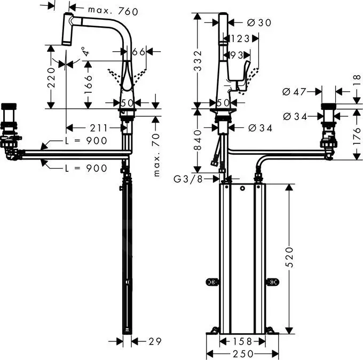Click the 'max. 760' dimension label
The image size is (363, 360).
(x=113, y=11)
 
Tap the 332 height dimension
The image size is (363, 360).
(x=198, y=61)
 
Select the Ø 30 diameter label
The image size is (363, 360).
(x=259, y=23)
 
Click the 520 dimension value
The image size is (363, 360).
(x=289, y=257)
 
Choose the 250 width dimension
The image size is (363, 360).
(x=243, y=354)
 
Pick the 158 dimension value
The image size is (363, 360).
(x=242, y=341)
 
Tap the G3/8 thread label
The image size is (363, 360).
(x=188, y=179)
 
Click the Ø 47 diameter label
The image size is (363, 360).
(x=294, y=92)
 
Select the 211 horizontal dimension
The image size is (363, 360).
(x=99, y=128)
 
